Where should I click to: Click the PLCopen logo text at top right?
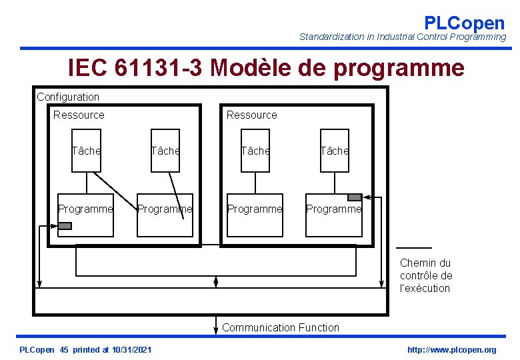click(x=464, y=23)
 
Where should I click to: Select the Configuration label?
click(x=68, y=97)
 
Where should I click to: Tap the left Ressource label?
click(x=79, y=115)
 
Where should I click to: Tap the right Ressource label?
click(x=251, y=115)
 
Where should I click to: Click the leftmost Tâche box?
click(x=86, y=151)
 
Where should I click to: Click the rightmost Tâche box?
click(x=334, y=151)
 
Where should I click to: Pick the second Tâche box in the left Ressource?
click(x=165, y=151)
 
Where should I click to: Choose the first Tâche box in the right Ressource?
click(x=255, y=151)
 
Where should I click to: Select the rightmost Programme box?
click(x=333, y=213)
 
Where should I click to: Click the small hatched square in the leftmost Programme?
click(x=65, y=225)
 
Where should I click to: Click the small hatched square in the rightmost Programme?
click(x=355, y=197)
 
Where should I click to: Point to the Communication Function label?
click(x=280, y=327)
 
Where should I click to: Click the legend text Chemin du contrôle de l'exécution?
click(x=426, y=275)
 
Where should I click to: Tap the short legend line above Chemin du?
click(x=415, y=247)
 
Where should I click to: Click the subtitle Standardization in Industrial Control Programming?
click(x=403, y=37)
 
